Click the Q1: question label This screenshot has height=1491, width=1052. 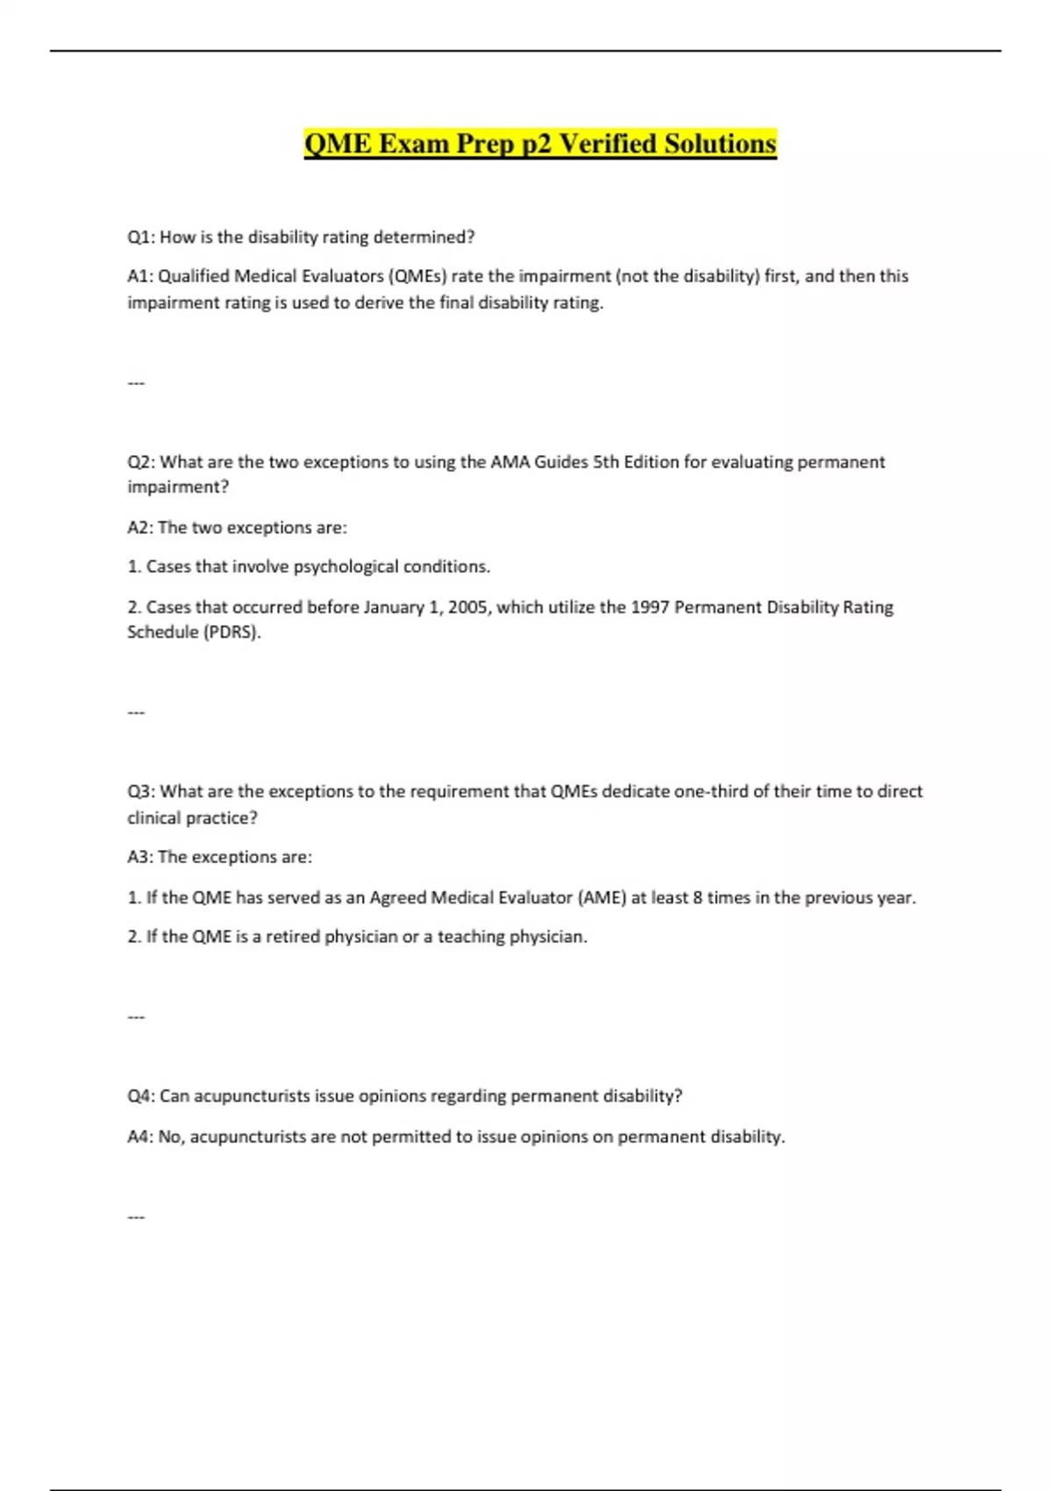(141, 237)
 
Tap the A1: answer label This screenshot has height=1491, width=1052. (140, 276)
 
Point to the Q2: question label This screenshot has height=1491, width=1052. (141, 462)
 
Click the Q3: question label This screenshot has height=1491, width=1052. (141, 791)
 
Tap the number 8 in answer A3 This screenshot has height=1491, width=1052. (698, 897)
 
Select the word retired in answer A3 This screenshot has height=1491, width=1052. (293, 937)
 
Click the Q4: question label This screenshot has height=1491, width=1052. (141, 1096)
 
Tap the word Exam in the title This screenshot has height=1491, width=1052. (413, 144)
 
